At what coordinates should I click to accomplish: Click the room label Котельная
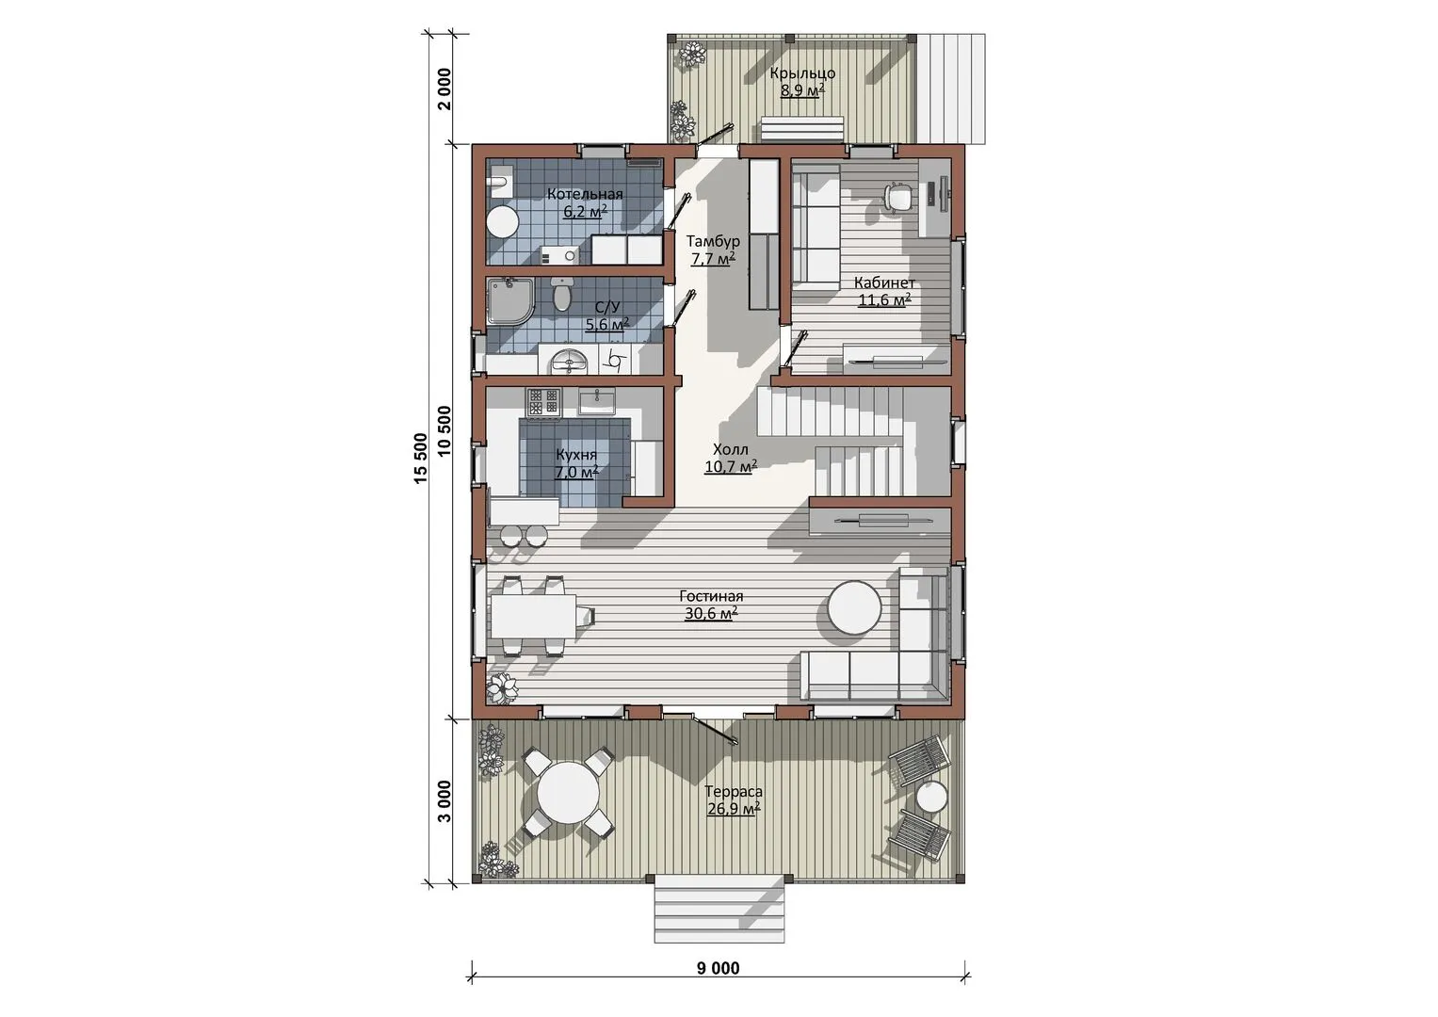[x=585, y=194]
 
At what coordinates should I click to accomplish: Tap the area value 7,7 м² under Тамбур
[x=713, y=259]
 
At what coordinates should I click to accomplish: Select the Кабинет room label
[x=884, y=282]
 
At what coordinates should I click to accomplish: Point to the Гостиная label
[x=711, y=596]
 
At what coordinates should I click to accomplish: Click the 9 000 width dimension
[x=719, y=968]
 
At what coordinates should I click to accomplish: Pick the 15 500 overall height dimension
[x=421, y=458]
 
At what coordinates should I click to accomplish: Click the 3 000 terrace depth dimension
[x=444, y=801]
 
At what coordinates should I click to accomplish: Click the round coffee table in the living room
[x=855, y=607]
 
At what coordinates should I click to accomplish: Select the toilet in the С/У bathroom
[x=561, y=297]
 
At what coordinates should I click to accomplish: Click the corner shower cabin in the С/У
[x=509, y=301]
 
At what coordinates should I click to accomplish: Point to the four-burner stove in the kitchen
[x=543, y=403]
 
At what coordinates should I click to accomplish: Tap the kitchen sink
[x=597, y=403]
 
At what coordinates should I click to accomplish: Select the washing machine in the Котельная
[x=559, y=255]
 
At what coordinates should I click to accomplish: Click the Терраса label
[x=733, y=792]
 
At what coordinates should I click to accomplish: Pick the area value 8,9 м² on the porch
[x=802, y=90]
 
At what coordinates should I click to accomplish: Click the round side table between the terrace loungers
[x=930, y=799]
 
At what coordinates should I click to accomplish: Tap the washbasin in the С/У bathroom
[x=569, y=362]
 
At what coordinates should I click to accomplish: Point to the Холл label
[x=731, y=449]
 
